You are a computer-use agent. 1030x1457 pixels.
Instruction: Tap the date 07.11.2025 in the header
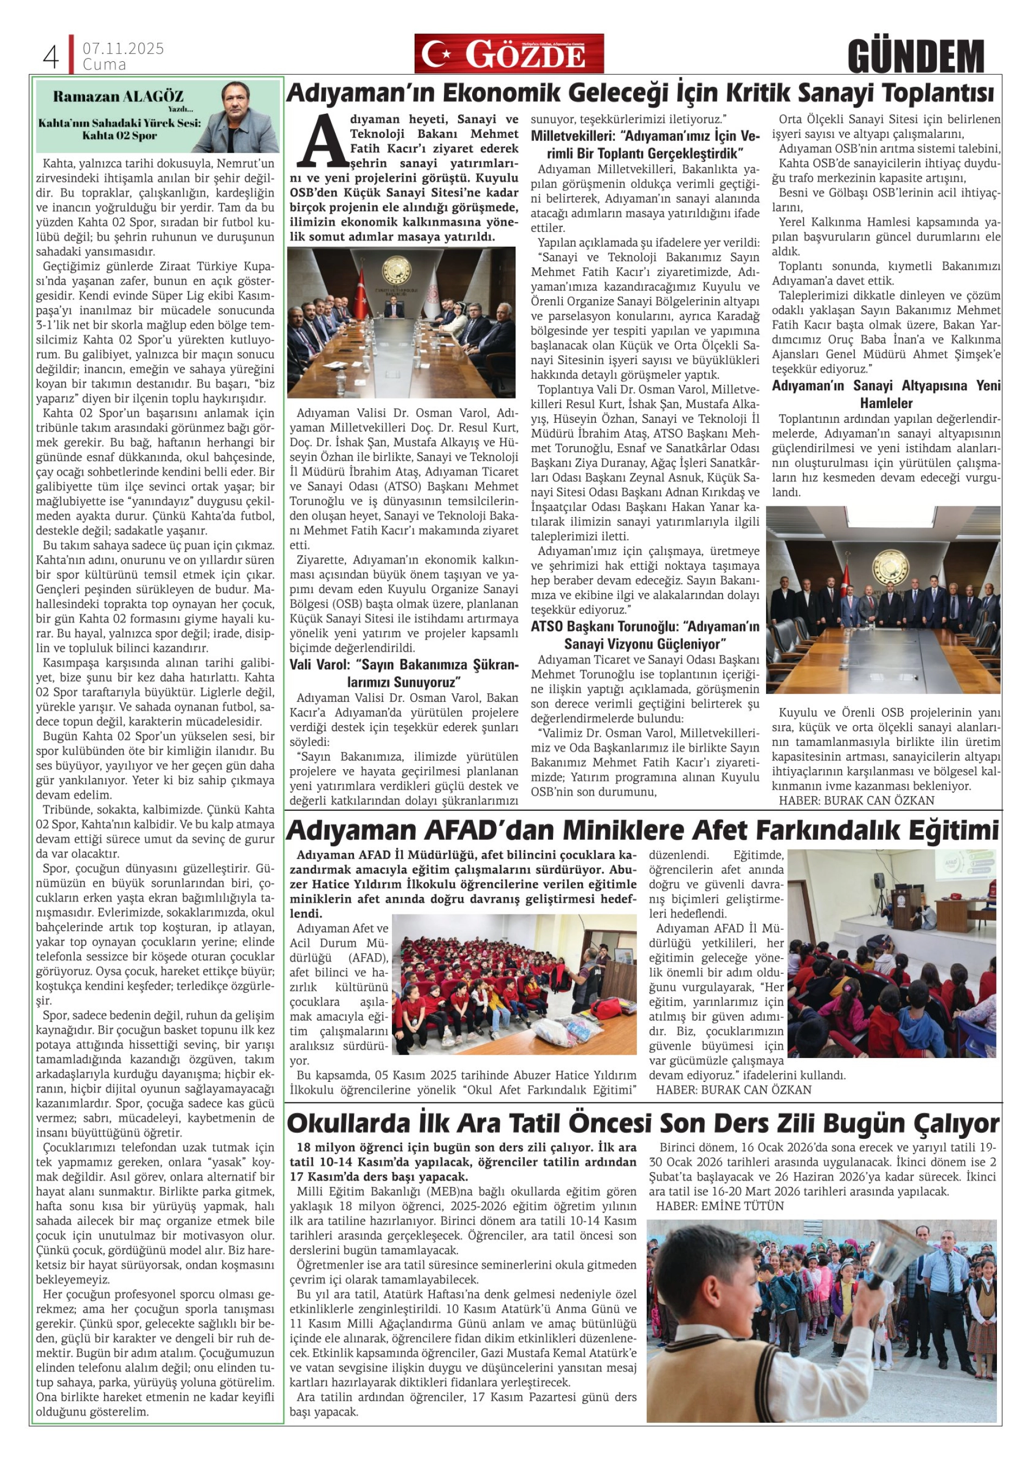tap(123, 49)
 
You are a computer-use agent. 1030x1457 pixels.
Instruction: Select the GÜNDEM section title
tap(915, 56)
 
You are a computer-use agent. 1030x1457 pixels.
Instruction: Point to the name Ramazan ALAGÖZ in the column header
tap(119, 96)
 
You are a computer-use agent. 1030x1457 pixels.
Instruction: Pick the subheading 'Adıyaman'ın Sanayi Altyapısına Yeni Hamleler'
tap(886, 394)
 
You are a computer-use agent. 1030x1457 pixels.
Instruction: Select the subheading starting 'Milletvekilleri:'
tap(645, 145)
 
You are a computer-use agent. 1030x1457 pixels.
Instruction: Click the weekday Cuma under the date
tap(105, 65)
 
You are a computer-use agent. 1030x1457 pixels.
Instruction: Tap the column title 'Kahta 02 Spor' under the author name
tap(119, 135)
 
